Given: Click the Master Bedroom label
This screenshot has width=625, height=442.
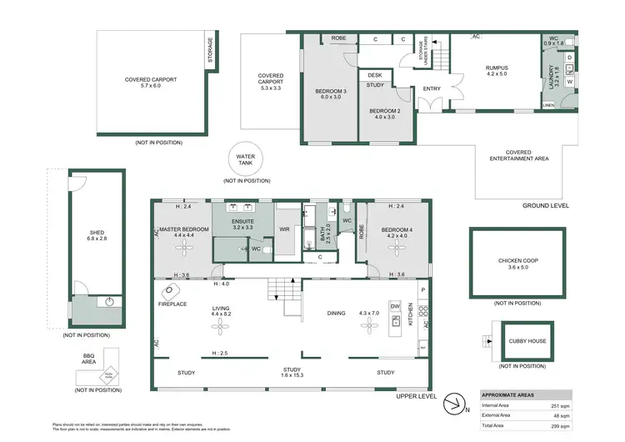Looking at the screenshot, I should [183, 231].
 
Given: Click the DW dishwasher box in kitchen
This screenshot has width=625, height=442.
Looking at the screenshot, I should [395, 305].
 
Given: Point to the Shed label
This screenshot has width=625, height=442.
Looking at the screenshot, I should [97, 234].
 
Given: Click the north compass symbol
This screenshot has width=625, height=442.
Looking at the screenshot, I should [454, 404].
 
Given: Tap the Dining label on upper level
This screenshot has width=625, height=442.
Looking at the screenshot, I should [336, 314].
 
